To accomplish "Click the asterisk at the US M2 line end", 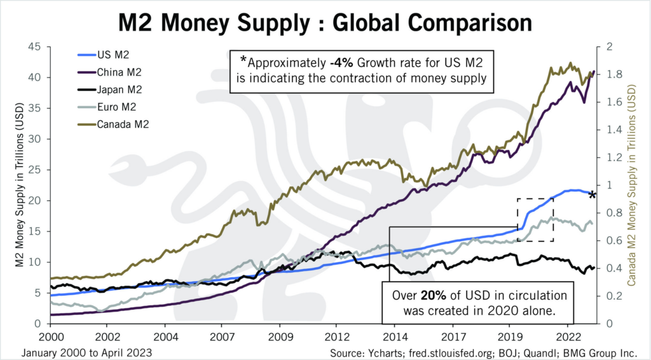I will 592,195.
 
